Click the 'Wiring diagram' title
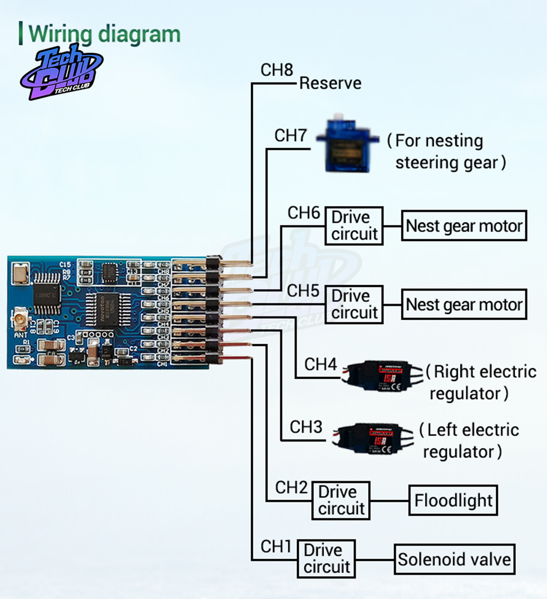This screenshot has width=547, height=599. click(104, 34)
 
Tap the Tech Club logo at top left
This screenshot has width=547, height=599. click(61, 73)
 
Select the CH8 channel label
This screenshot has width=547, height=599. click(277, 71)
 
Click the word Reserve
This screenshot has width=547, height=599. click(330, 83)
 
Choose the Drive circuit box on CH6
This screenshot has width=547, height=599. click(354, 225)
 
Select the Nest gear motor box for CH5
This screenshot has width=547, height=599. click(464, 304)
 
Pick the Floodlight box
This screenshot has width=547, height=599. click(453, 500)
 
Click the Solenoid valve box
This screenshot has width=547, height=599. click(454, 559)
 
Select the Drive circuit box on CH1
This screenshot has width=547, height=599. click(327, 559)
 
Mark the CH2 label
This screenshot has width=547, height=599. click(292, 488)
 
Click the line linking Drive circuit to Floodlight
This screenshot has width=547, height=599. click(389, 501)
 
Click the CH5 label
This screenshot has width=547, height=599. click(304, 291)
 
